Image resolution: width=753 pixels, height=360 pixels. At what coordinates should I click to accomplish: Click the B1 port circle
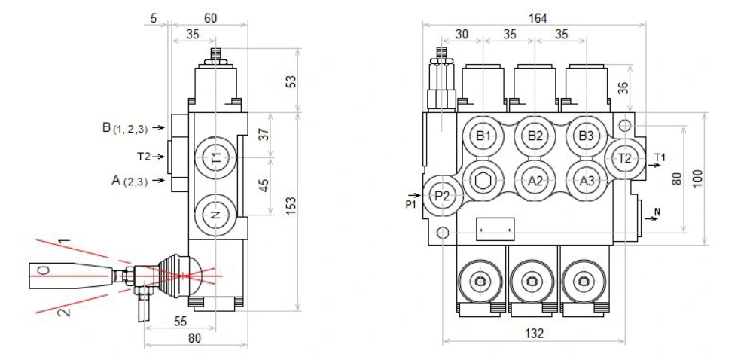click(483, 136)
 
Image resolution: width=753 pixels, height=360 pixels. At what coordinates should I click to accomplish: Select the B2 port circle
click(535, 136)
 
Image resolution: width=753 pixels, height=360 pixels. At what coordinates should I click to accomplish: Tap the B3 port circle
click(587, 136)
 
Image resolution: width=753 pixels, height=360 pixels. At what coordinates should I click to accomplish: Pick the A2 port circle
click(535, 181)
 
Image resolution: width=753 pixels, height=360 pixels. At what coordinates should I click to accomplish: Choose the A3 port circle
click(587, 181)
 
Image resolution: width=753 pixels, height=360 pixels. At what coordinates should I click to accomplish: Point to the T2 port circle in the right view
click(625, 158)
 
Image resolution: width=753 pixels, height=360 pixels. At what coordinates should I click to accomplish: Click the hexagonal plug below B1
click(483, 181)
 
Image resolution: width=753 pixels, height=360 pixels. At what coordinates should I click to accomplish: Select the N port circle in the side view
click(216, 215)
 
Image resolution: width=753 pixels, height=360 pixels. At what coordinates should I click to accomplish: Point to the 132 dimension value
click(534, 333)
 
